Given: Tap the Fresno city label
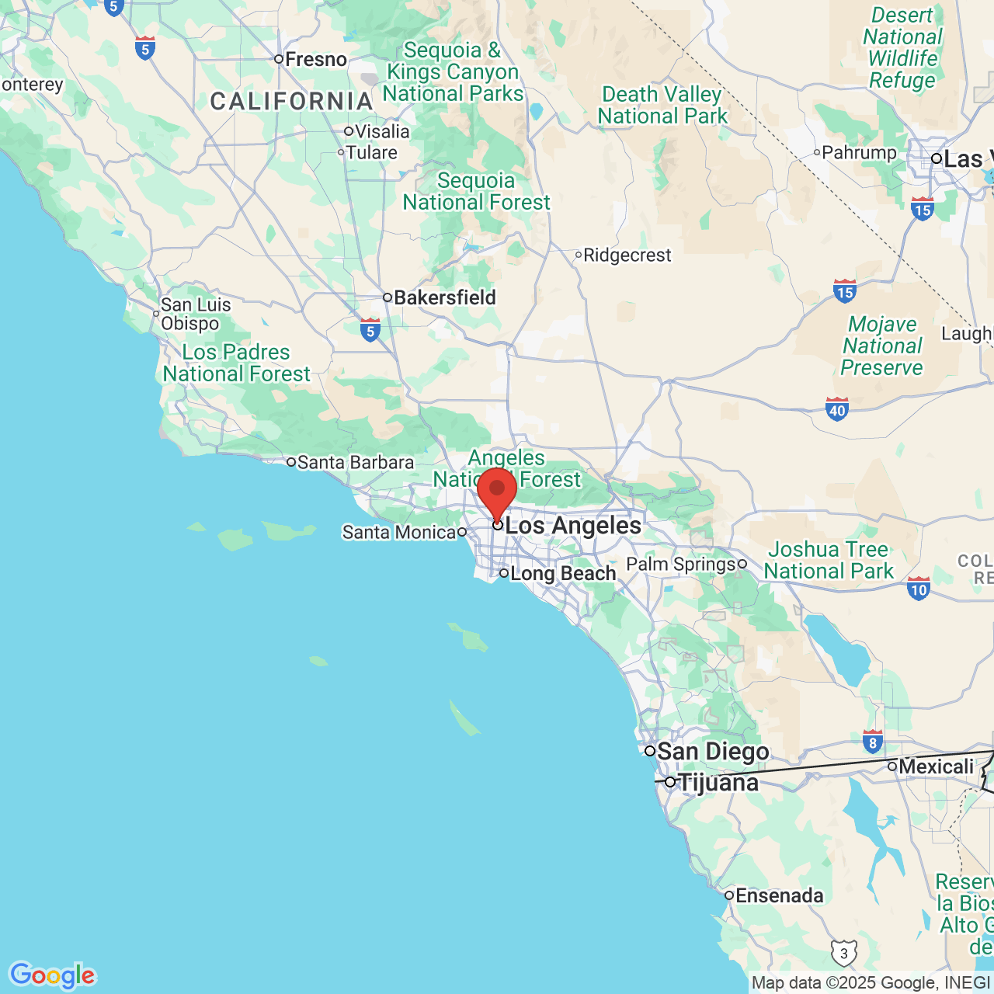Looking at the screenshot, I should (x=315, y=59).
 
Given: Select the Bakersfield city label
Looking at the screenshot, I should (x=444, y=297).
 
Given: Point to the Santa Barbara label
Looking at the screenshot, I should (x=355, y=463).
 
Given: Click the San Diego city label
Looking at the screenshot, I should (x=712, y=752).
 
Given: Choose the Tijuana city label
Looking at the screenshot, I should (x=718, y=783).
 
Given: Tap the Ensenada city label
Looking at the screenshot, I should (x=779, y=896).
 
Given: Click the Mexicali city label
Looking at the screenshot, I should (x=936, y=767).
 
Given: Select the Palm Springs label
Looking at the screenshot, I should (x=681, y=565).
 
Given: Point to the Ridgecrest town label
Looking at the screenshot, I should (x=627, y=255).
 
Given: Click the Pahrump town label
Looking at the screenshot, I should (x=859, y=153).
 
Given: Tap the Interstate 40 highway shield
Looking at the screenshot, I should (x=837, y=408).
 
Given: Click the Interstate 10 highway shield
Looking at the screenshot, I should (x=919, y=588).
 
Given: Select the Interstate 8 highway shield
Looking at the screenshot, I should (x=873, y=742).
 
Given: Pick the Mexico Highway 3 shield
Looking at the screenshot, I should (x=844, y=953).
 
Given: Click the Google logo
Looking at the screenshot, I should (x=52, y=976).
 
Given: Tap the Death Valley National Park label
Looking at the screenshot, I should (x=662, y=106).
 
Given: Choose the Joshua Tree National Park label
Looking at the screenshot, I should (x=829, y=561).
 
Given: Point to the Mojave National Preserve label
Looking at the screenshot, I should (x=882, y=346).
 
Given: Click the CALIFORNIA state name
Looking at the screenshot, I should (x=292, y=102).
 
